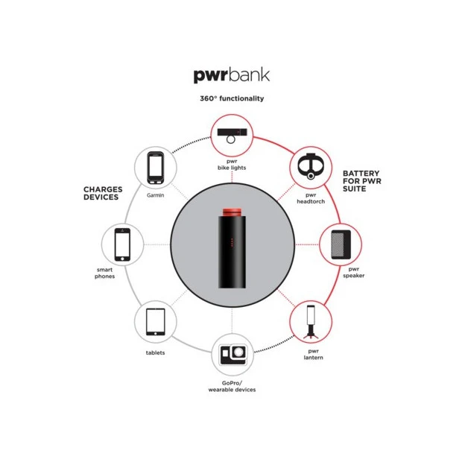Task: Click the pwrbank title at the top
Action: point(231,75)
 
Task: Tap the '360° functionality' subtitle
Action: point(231,98)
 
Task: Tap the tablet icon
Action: point(155,322)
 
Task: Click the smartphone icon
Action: point(121,244)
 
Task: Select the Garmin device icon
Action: point(155,167)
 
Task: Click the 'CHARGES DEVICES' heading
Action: point(102,194)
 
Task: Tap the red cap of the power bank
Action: point(231,212)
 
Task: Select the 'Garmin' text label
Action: point(155,195)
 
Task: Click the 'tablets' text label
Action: point(155,352)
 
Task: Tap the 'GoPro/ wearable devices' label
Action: point(231,386)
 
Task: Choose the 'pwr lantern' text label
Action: point(312,353)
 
